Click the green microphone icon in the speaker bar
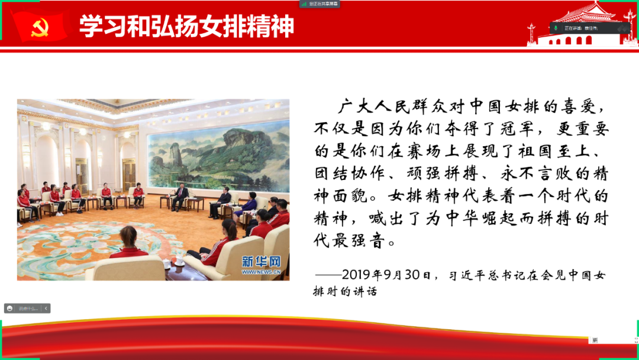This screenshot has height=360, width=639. coord(556,28)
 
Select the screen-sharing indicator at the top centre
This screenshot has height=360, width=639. coord(320,4)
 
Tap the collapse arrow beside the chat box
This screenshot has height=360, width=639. coord(46,308)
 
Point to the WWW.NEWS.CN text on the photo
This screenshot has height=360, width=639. coord(261,272)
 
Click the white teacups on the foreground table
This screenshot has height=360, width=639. coord(178,261)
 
